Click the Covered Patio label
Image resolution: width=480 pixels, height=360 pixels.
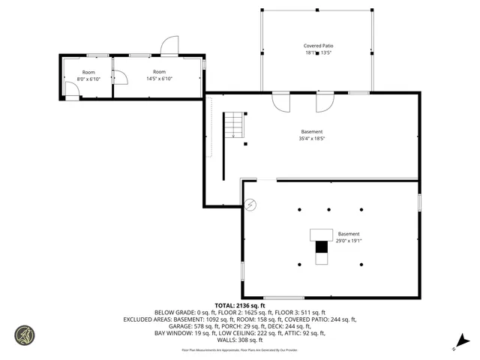click(317, 46)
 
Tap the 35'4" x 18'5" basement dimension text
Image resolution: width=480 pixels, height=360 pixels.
click(312, 139)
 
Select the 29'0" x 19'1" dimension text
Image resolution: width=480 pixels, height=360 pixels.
click(348, 241)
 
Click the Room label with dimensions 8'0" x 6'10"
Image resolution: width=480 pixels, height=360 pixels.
click(88, 71)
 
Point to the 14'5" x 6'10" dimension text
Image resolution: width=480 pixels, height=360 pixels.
click(158, 79)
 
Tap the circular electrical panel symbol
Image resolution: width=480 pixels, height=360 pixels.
click(250, 203)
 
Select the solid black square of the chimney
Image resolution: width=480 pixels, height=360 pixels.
click(321, 246)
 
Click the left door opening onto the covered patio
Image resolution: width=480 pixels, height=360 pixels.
click(281, 101)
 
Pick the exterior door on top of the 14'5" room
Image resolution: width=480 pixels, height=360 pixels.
click(169, 45)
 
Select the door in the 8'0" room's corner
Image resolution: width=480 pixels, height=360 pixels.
click(72, 91)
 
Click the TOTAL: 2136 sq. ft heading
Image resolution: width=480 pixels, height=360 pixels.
click(239, 305)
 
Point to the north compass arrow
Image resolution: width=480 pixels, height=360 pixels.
click(464, 341)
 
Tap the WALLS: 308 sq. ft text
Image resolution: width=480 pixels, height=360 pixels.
click(239, 340)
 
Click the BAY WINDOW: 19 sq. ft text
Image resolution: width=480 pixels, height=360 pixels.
click(183, 333)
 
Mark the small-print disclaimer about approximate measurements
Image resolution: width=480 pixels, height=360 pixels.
click(239, 349)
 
